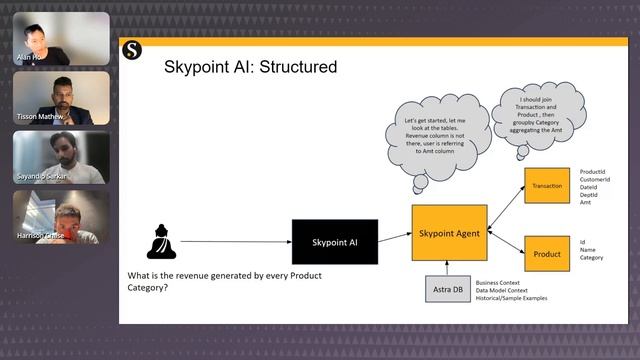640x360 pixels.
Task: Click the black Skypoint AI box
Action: (x=335, y=242)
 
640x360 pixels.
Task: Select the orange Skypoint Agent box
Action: (x=449, y=232)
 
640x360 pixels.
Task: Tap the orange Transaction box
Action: (x=547, y=186)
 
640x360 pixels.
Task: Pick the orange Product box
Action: (x=547, y=253)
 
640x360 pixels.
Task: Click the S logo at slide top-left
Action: (x=132, y=50)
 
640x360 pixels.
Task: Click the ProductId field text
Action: (x=593, y=171)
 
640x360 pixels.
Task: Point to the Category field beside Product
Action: (x=592, y=258)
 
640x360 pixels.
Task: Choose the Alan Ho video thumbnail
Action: (x=61, y=38)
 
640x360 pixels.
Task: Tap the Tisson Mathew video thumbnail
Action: (x=61, y=98)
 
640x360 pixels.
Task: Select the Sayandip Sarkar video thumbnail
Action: (x=61, y=157)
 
